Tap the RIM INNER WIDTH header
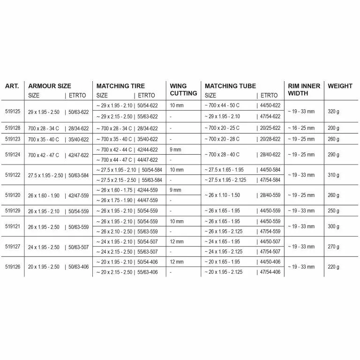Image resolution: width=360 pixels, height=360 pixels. click(x=303, y=90)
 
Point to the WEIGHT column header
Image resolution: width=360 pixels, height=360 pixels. click(x=340, y=86)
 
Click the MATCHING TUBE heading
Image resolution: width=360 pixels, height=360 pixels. click(x=230, y=86)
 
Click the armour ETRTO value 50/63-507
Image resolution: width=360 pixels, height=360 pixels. click(x=78, y=247)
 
